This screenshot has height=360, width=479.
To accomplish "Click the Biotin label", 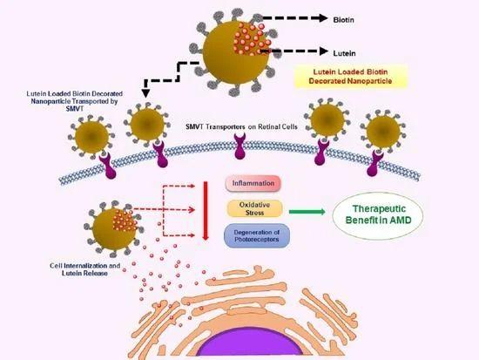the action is tap(344, 20).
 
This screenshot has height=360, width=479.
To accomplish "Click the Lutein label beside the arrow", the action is tap(344, 53).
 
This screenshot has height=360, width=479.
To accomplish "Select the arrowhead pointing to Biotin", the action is tap(323, 18).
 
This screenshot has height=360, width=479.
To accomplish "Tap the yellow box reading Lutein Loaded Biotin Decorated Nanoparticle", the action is tap(351, 77).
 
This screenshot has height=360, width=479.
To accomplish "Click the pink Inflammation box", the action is tap(253, 183).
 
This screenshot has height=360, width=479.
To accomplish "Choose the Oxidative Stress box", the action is tap(254, 208).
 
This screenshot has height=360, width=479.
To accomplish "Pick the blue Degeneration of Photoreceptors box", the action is tap(257, 236).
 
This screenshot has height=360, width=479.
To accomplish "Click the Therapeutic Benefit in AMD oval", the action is tap(378, 215).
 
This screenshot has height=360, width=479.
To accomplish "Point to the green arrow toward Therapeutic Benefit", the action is tap(307, 211).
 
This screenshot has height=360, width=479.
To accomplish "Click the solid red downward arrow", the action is tap(206, 211).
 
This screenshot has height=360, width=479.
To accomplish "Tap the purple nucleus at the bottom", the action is tap(251, 343).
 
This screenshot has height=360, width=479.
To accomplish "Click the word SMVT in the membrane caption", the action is tap(194, 126).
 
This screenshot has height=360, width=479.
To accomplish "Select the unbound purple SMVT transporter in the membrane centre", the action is tap(239, 146).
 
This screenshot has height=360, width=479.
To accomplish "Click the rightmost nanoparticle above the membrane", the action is tap(383, 132).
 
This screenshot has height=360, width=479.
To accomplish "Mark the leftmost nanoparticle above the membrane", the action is tap(91, 137).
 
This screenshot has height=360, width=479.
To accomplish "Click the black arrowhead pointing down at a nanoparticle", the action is tap(146, 93).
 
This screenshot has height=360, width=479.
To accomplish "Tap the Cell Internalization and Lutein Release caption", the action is tap(84, 269).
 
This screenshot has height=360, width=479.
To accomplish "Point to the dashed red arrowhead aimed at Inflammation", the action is tap(192, 186).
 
